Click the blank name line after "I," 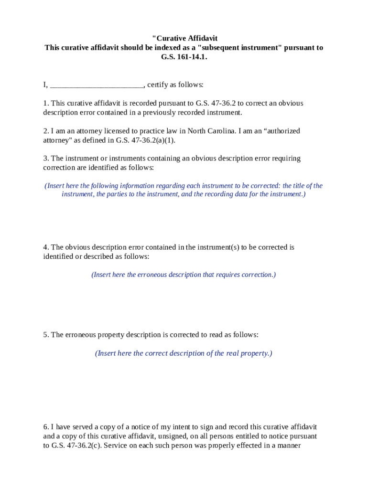coord(96,85)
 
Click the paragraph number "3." coord(46,159)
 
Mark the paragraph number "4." coord(46,247)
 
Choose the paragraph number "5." coord(46,335)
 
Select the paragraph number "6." coord(46,427)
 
